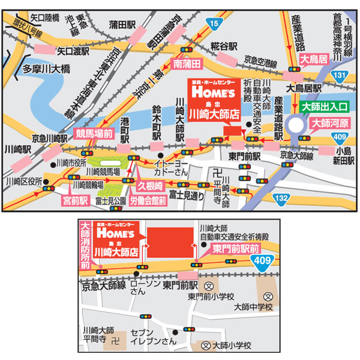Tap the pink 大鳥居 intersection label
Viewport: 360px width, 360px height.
313,60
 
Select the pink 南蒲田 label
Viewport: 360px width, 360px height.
186,62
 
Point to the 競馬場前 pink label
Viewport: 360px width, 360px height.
94,133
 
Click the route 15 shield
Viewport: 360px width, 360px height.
215,22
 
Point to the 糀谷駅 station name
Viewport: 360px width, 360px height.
224,46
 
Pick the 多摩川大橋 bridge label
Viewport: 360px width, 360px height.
46,68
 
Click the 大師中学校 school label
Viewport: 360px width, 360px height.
253,307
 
